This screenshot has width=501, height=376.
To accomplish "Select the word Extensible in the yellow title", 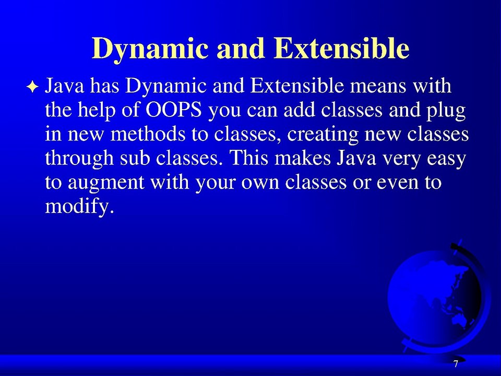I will (341, 50).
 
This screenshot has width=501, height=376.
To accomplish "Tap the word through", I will (78, 159).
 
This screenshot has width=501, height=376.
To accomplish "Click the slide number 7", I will (455, 364).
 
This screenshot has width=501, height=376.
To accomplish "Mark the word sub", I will (136, 158).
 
